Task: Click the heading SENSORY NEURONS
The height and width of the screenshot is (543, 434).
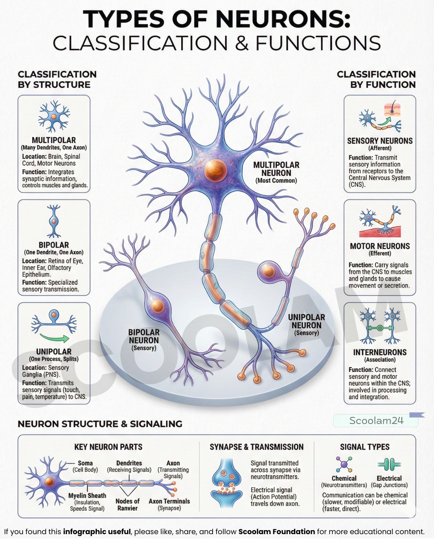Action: click(380, 141)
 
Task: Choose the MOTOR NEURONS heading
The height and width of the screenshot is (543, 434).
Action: click(380, 246)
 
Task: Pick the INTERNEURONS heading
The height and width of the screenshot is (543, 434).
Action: click(380, 352)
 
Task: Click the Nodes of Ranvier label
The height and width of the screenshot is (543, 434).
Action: click(127, 505)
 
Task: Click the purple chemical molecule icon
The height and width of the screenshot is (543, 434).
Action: click(344, 464)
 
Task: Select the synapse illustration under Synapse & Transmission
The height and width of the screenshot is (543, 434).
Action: click(227, 482)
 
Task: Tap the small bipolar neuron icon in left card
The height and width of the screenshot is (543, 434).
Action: click(54, 221)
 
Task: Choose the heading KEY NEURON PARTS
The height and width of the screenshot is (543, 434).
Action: click(108, 447)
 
